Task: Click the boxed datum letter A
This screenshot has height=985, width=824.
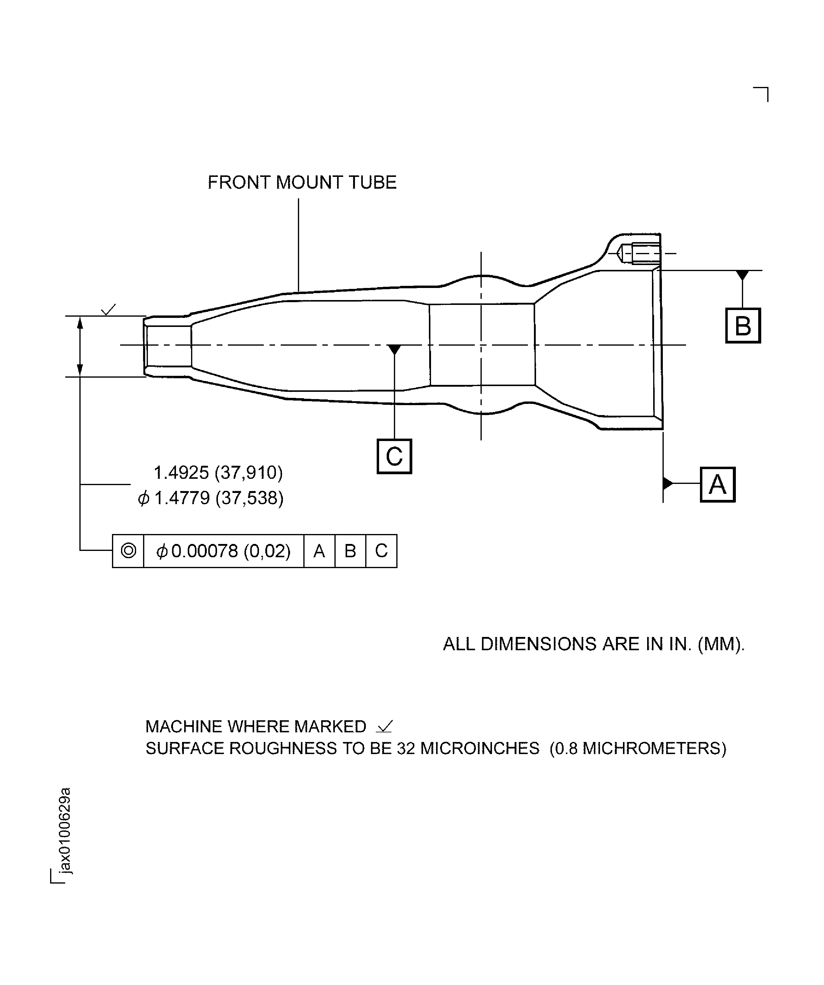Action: [717, 485]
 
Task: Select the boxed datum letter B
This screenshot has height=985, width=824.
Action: [743, 325]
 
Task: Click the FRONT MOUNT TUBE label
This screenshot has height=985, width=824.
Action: [302, 182]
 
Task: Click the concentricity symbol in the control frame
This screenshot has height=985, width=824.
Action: [128, 551]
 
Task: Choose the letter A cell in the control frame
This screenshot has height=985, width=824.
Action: [319, 551]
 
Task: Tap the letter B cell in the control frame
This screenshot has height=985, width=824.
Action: [350, 551]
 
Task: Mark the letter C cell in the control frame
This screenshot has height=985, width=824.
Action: [381, 551]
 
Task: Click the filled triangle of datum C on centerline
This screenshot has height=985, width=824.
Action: [394, 350]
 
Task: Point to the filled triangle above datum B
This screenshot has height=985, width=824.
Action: [742, 275]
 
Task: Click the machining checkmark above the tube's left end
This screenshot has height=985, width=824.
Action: [109, 310]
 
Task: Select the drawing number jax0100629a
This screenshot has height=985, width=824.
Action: [65, 831]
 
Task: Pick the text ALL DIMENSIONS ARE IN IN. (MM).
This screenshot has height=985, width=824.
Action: [594, 644]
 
